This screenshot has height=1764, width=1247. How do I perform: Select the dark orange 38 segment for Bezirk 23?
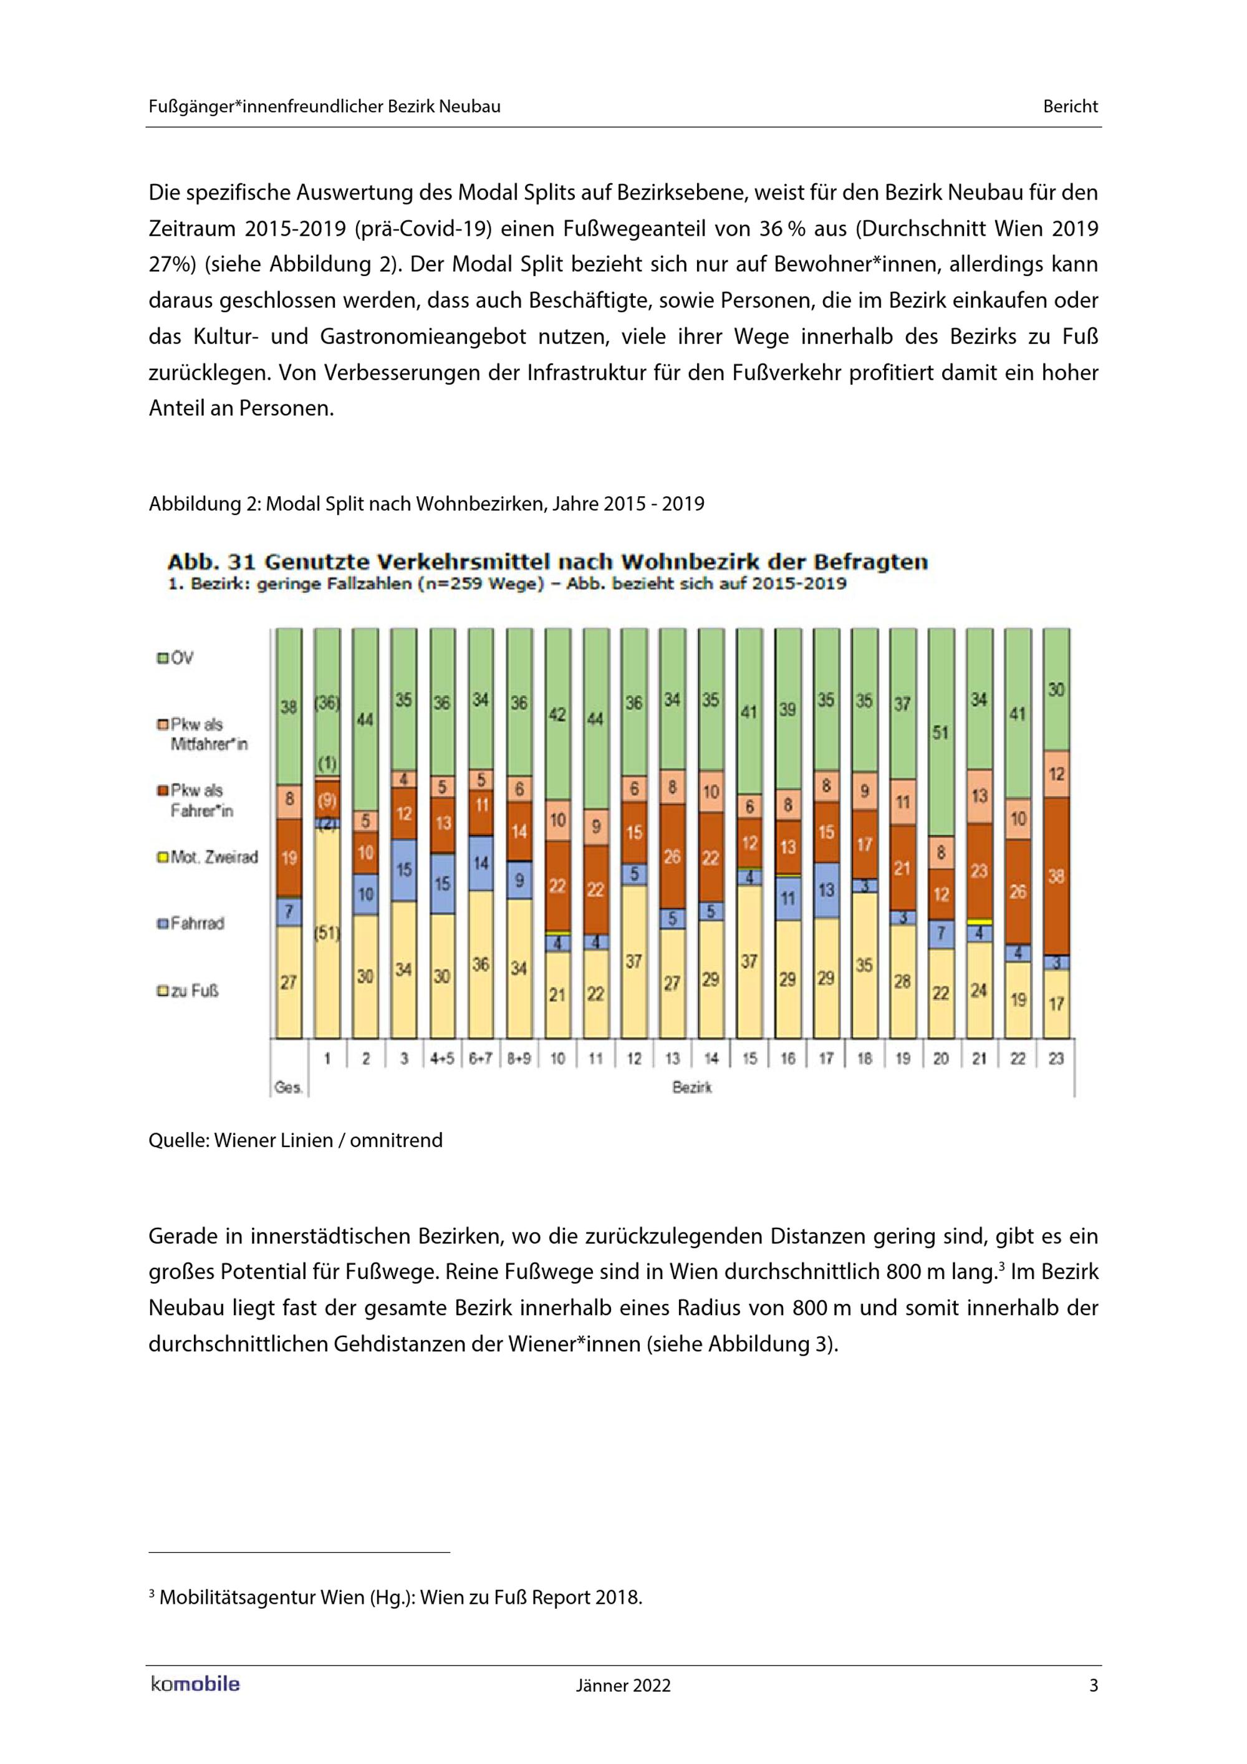[x=1056, y=876]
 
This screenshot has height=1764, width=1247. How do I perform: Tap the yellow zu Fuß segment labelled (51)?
[x=327, y=934]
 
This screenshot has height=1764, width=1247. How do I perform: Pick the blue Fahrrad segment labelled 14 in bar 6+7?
[x=481, y=863]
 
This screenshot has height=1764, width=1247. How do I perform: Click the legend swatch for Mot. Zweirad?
[x=162, y=858]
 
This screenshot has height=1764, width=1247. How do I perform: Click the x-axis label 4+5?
[x=442, y=1058]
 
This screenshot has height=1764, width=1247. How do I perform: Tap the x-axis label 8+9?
[x=519, y=1058]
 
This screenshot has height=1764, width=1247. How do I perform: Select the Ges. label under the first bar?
[x=288, y=1088]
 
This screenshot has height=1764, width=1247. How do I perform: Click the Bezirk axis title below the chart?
[x=691, y=1088]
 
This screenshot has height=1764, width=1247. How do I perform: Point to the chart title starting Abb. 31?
[x=547, y=562]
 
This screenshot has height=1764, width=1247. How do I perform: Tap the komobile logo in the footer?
[x=195, y=1685]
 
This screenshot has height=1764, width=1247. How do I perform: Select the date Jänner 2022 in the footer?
[x=623, y=1685]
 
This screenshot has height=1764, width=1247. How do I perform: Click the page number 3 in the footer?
[x=1094, y=1685]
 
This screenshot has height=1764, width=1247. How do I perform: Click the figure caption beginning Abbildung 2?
[x=426, y=504]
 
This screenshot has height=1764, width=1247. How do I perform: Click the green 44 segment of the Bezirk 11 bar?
[x=595, y=719]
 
